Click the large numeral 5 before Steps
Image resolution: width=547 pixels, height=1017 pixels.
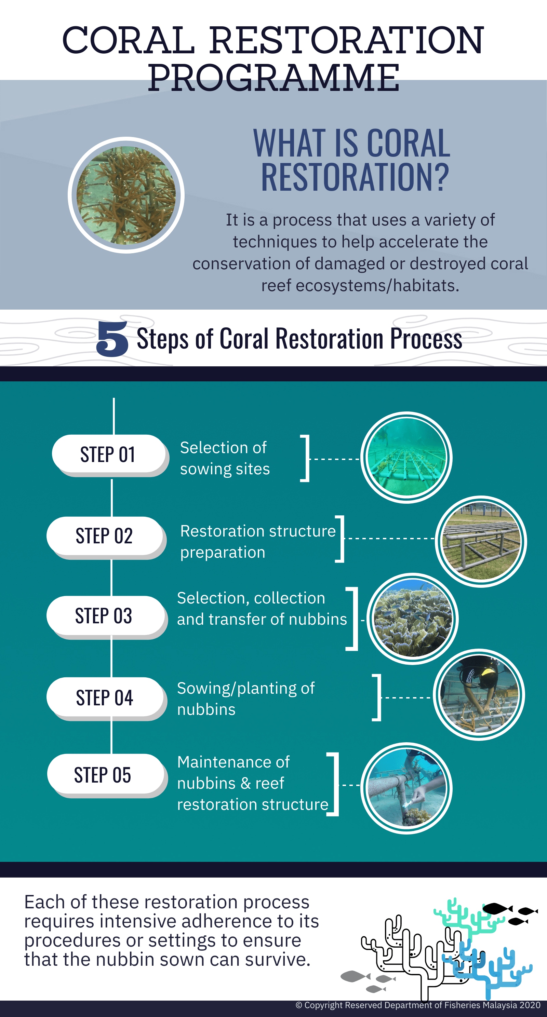112,338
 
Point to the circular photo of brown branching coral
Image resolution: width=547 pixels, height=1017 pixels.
126,195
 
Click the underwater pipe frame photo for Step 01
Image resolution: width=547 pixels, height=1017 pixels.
406,457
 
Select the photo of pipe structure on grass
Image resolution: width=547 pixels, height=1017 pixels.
481,542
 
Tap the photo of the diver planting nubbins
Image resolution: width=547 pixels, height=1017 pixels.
479,694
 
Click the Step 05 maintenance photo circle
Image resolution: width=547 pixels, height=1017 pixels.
406,788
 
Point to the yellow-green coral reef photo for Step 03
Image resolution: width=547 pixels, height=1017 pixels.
412,619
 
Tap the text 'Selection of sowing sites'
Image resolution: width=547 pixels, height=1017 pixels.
225,458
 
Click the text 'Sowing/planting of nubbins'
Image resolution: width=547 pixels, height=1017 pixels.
246,699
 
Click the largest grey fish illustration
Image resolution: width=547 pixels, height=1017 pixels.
356,976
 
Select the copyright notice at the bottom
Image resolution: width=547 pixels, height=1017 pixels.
418,1005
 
